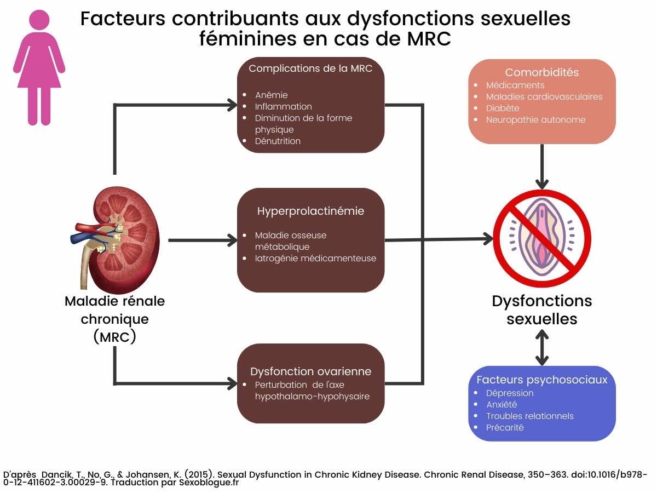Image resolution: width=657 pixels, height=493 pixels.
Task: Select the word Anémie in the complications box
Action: pos(271,95)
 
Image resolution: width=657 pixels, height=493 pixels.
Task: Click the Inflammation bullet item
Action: pos(283,106)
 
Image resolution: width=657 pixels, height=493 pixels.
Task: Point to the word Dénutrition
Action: pos(278,141)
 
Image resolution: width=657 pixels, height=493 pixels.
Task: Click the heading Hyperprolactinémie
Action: pos(310,211)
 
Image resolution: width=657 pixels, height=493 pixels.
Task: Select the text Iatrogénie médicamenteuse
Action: pos(315,258)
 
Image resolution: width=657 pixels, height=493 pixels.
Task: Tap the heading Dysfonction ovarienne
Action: pos(310,371)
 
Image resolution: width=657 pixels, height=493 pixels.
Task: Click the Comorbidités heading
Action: pos(541,72)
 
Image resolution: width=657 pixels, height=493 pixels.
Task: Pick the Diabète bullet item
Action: pos(503,108)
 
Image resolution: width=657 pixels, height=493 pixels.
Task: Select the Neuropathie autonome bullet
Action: pos(535,119)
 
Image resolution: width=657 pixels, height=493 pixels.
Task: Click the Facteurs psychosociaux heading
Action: pos(541,380)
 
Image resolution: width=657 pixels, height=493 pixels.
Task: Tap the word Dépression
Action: pos(509,393)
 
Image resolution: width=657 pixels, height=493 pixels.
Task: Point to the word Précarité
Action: pos(505,427)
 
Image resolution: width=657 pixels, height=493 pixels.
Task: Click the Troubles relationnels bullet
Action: pos(529,416)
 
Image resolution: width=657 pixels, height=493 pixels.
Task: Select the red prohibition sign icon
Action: pos(542,238)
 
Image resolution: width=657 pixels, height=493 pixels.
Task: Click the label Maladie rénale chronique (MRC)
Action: pos(114,319)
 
